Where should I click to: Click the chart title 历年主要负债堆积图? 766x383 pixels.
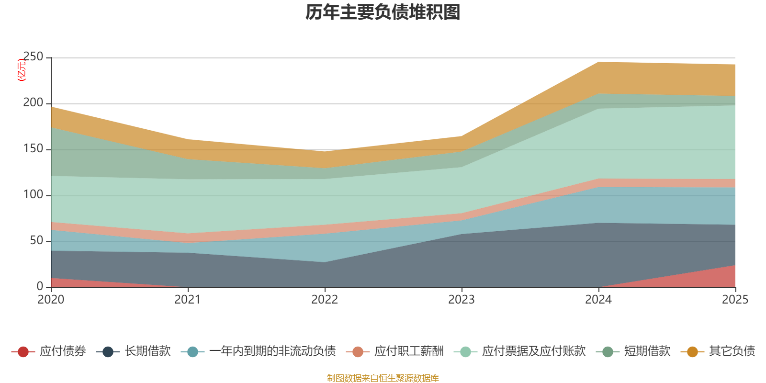click(x=383, y=12)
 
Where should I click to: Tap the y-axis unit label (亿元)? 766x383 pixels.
click(x=22, y=70)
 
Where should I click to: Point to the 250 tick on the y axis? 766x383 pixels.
click(x=33, y=57)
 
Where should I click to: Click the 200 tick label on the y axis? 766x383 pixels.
click(x=33, y=103)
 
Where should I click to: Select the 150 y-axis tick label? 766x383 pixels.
click(x=33, y=149)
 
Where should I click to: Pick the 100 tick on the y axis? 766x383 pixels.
click(x=33, y=195)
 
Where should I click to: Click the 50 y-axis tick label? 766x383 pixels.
click(x=36, y=241)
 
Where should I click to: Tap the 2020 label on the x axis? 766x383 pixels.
click(x=51, y=300)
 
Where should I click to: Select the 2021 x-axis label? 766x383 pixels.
click(x=188, y=300)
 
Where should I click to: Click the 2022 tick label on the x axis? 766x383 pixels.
click(x=325, y=300)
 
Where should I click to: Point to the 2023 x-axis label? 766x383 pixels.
click(x=462, y=300)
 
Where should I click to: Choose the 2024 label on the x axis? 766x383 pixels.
click(x=598, y=300)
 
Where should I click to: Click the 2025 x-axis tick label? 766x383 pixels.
click(x=735, y=300)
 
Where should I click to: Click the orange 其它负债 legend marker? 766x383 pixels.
click(x=692, y=352)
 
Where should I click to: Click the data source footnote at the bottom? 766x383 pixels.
click(x=383, y=378)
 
